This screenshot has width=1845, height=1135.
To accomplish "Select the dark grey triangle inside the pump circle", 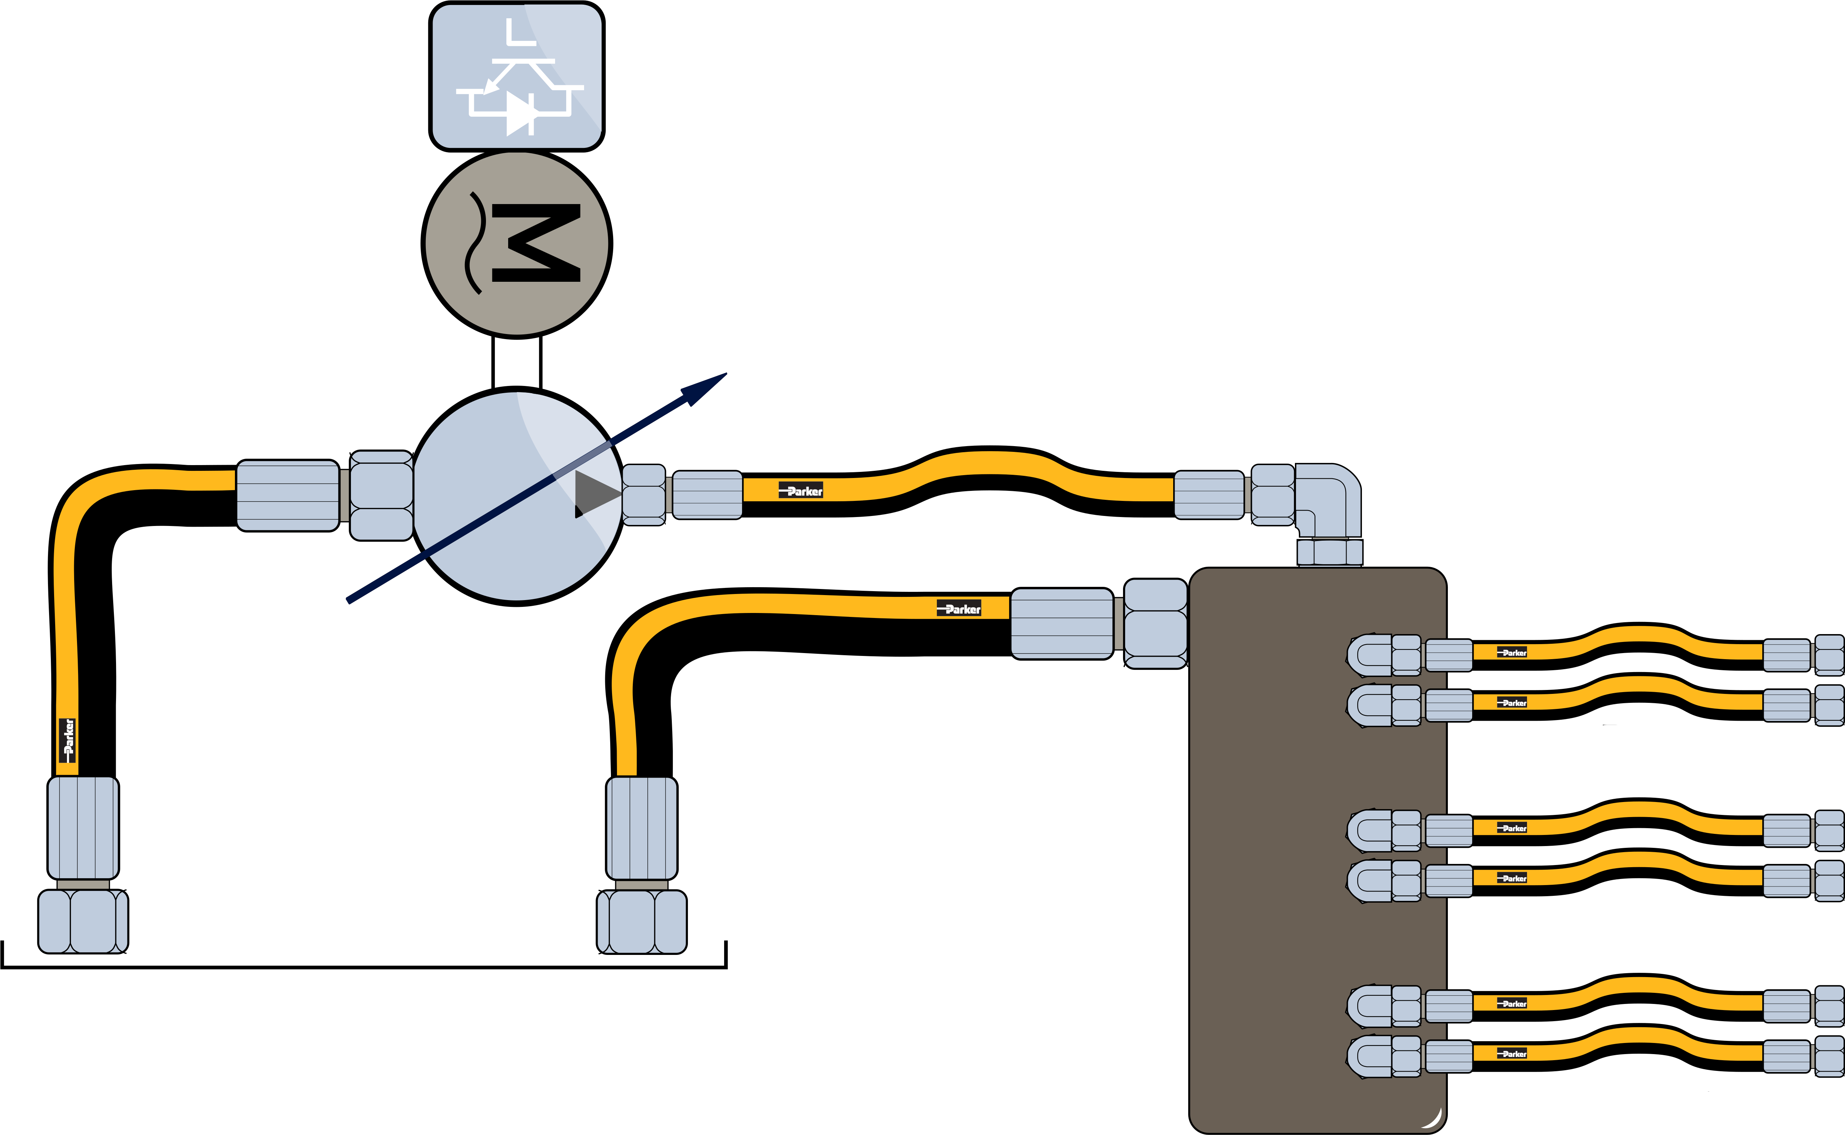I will [595, 493].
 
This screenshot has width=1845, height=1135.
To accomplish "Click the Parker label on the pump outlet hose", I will [801, 491].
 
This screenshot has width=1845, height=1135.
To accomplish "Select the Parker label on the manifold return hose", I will [959, 609].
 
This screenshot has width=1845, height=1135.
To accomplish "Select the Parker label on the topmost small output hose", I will [1512, 652].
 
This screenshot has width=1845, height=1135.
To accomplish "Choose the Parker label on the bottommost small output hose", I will [1512, 1054].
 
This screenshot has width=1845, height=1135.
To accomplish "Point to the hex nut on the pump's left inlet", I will [381, 496].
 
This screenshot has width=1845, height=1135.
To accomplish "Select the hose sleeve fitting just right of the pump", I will [707, 495].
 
